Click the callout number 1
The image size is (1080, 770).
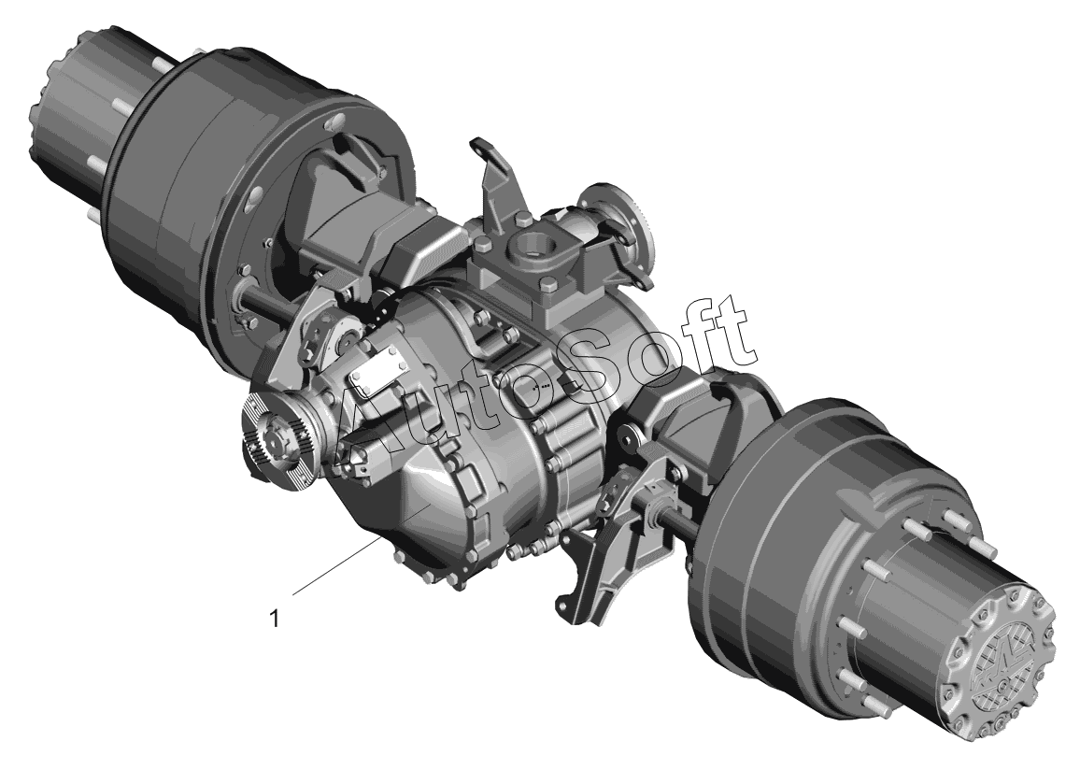click(x=275, y=619)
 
